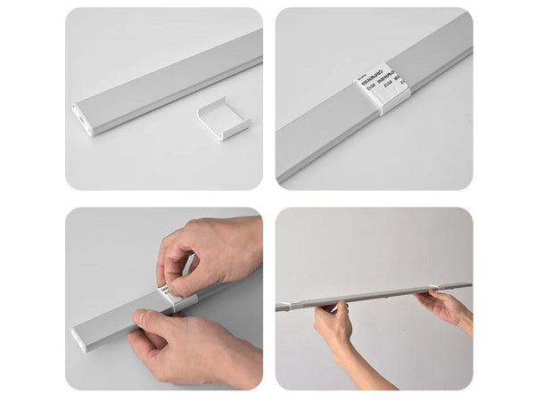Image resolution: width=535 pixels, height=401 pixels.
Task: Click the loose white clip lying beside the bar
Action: point(223,119)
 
